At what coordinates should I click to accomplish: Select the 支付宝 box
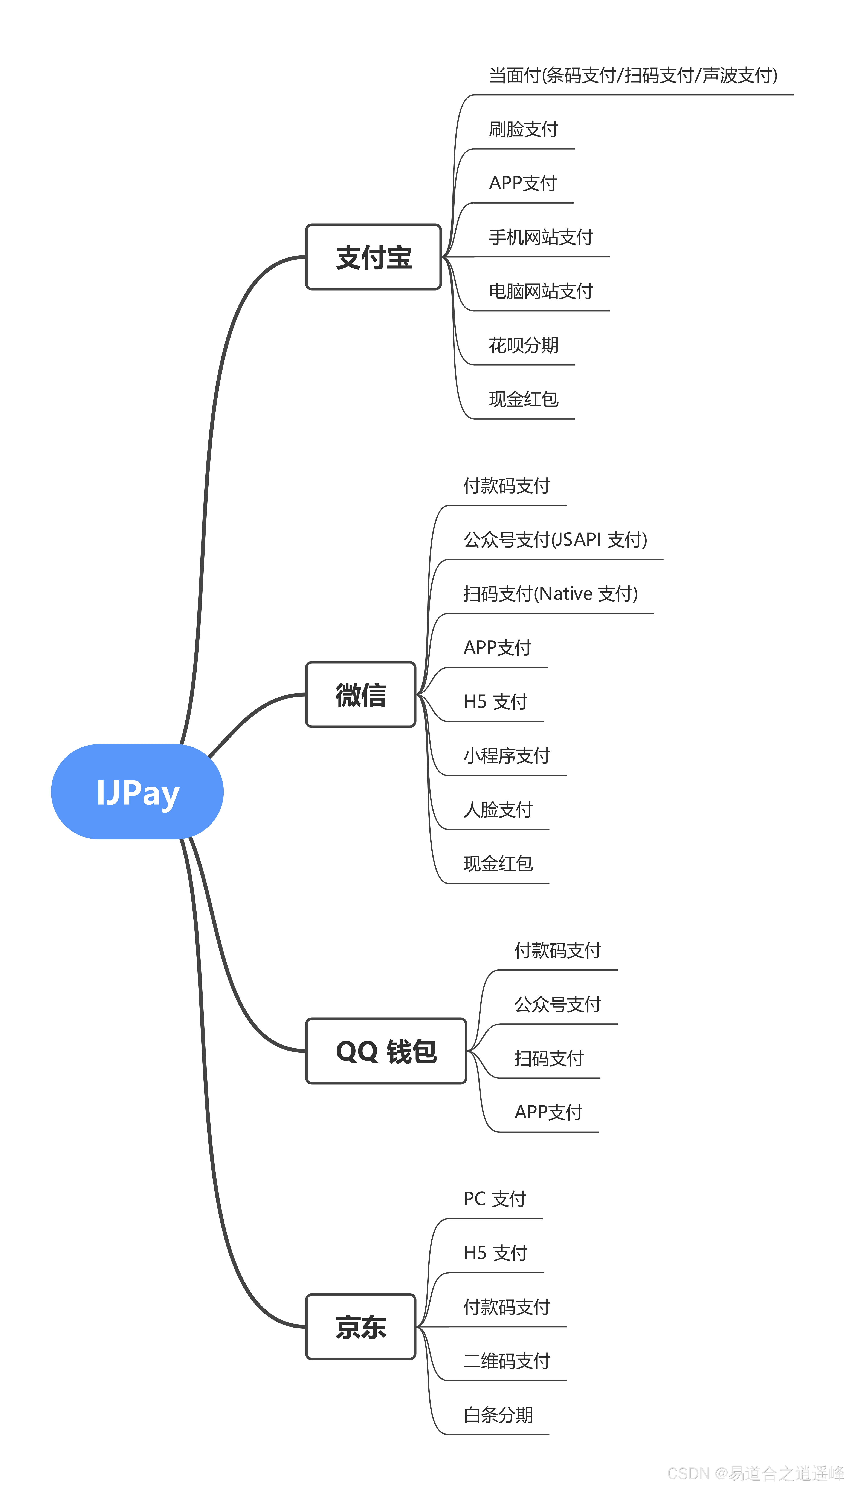pyautogui.click(x=374, y=257)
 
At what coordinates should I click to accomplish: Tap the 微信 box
pyautogui.click(x=361, y=694)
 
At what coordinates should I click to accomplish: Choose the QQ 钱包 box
pyautogui.click(x=386, y=1051)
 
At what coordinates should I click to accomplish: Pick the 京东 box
pyautogui.click(x=361, y=1327)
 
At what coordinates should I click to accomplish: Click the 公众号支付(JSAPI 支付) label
pyautogui.click(x=555, y=540)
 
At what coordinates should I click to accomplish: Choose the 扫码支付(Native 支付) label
pyautogui.click(x=550, y=594)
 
